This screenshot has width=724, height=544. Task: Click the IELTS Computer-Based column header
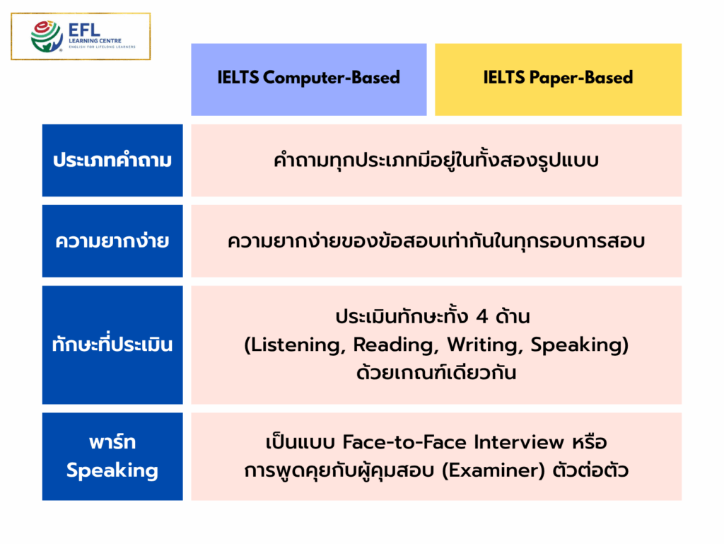(309, 78)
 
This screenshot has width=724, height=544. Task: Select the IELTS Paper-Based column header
(558, 78)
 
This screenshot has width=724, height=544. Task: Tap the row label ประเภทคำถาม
(112, 161)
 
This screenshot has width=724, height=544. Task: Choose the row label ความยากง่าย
(112, 241)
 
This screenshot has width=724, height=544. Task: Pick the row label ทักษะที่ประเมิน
(112, 345)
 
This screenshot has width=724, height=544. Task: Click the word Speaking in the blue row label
(112, 470)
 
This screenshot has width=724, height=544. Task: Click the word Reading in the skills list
(387, 345)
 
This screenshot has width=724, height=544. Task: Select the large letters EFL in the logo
(86, 30)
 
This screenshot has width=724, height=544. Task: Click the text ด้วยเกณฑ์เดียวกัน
(436, 374)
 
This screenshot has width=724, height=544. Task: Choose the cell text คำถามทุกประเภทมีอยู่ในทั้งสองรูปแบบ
(436, 161)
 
